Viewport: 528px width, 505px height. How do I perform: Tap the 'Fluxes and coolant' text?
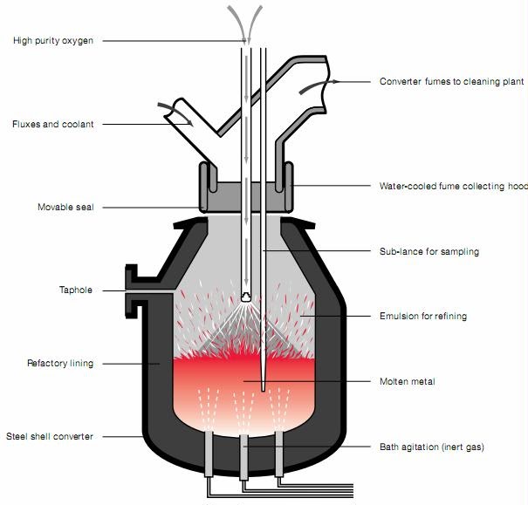coord(52,125)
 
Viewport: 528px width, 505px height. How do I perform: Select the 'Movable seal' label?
coord(65,208)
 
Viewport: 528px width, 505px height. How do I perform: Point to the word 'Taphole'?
coord(76,290)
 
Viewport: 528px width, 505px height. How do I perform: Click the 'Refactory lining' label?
coord(59,362)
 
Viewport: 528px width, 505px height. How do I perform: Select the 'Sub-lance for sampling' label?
coord(429,252)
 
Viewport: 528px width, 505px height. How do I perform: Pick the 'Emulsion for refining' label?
coord(423,317)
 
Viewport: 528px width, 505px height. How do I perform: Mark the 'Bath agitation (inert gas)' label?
coord(431,447)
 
